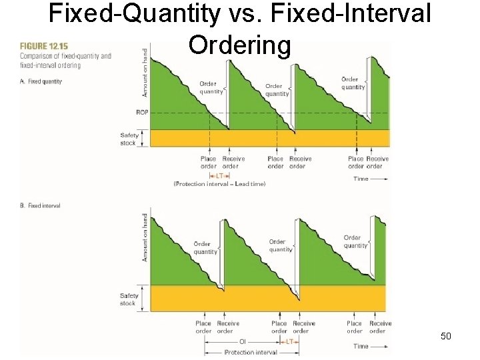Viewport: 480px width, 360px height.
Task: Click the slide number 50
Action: [446, 336]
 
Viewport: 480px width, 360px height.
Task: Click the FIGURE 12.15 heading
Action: [43, 46]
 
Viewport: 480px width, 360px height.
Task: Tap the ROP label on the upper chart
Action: [141, 113]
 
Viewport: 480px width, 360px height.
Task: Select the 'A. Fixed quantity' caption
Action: [41, 81]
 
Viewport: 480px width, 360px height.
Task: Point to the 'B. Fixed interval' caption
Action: [40, 206]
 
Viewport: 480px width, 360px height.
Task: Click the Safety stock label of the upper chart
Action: [129, 139]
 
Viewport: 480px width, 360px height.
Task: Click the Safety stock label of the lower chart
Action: [129, 299]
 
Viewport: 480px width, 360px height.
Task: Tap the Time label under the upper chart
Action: [361, 178]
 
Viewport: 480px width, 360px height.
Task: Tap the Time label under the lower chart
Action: [361, 346]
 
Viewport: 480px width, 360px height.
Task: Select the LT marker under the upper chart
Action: [220, 175]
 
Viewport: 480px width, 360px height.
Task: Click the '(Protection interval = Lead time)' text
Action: [219, 184]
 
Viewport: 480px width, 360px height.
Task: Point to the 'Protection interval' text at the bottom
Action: [250, 352]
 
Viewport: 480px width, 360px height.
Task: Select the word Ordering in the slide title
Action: [239, 45]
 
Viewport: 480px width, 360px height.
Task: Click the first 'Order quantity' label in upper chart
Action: [211, 87]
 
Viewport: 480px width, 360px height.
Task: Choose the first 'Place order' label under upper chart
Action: [208, 162]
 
